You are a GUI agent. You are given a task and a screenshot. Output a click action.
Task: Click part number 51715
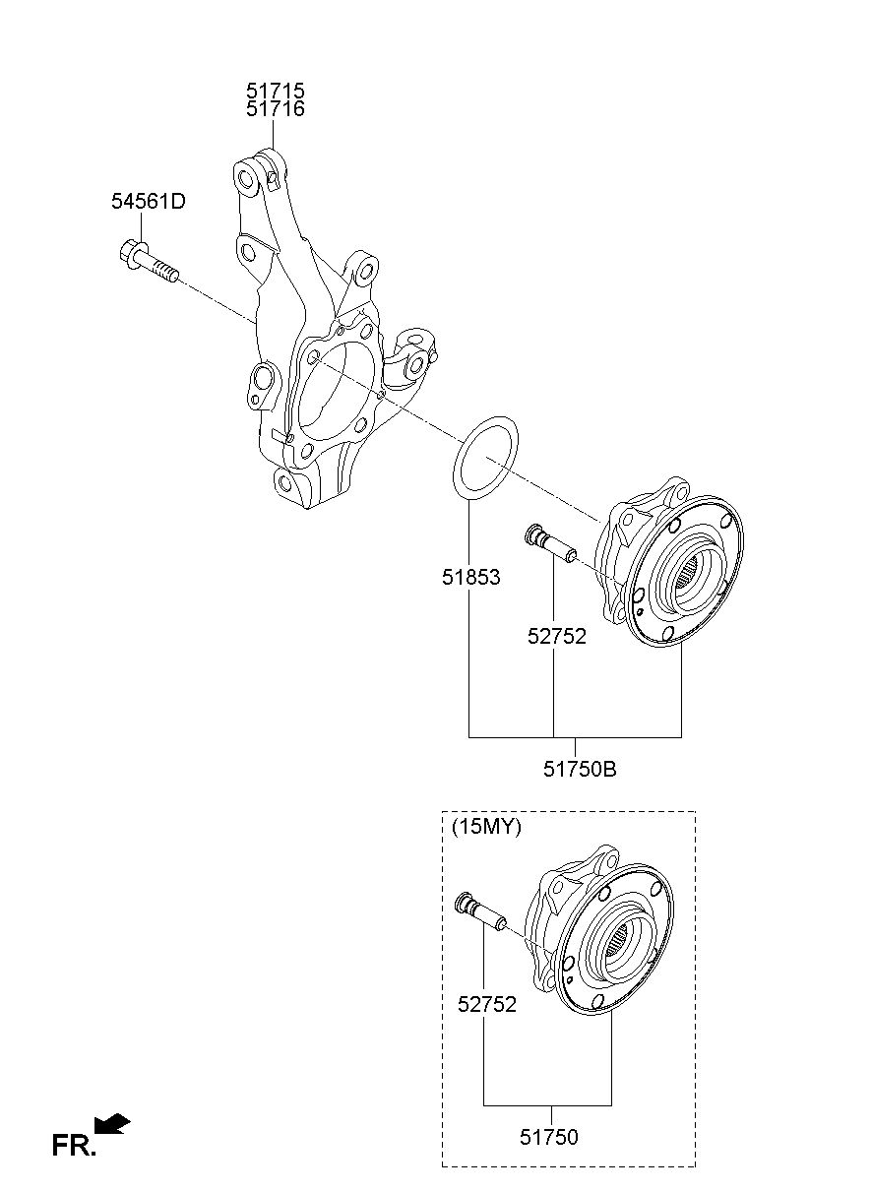[275, 90]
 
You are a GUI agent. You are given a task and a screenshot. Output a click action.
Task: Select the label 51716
[275, 109]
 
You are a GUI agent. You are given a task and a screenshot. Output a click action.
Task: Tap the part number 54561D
[148, 201]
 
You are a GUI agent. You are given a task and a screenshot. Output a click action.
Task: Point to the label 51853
[470, 578]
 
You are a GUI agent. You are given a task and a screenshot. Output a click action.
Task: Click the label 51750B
[580, 769]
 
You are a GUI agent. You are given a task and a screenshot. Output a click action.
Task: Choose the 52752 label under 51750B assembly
[556, 636]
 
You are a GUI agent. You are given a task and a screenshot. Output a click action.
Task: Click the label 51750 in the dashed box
[548, 1137]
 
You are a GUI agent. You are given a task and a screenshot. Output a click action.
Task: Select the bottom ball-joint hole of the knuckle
[285, 483]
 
